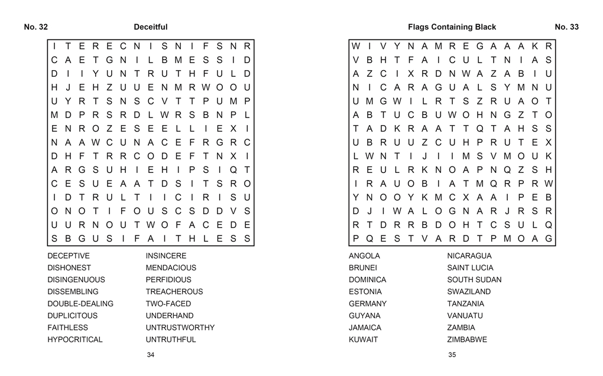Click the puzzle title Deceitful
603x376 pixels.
pyautogui.click(x=150, y=27)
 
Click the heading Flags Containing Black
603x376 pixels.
pyautogui.click(x=452, y=27)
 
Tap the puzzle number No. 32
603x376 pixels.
pyautogui.click(x=35, y=27)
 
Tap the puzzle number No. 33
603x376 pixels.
pyautogui.click(x=566, y=27)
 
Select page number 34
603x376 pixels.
pyautogui.click(x=151, y=355)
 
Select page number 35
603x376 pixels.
pyautogui.click(x=452, y=355)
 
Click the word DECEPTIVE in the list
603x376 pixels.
pyautogui.click(x=69, y=256)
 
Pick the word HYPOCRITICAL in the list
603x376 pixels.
pyautogui.click(x=75, y=339)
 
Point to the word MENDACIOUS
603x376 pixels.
pyautogui.click(x=171, y=268)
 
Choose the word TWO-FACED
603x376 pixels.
pyautogui.click(x=168, y=303)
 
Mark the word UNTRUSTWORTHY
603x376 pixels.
pyautogui.click(x=180, y=328)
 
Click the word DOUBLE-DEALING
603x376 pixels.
pyautogui.click(x=80, y=303)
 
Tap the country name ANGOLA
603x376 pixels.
pyautogui.click(x=364, y=256)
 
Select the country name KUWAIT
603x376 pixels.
pyautogui.click(x=363, y=339)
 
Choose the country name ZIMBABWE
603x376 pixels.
pyautogui.click(x=467, y=339)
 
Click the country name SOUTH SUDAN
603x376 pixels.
pyautogui.click(x=474, y=280)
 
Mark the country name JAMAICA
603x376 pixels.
pyautogui.click(x=365, y=328)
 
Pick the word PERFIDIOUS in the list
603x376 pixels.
pyautogui.click(x=168, y=280)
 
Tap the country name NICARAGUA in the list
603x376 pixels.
pyautogui.click(x=469, y=256)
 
